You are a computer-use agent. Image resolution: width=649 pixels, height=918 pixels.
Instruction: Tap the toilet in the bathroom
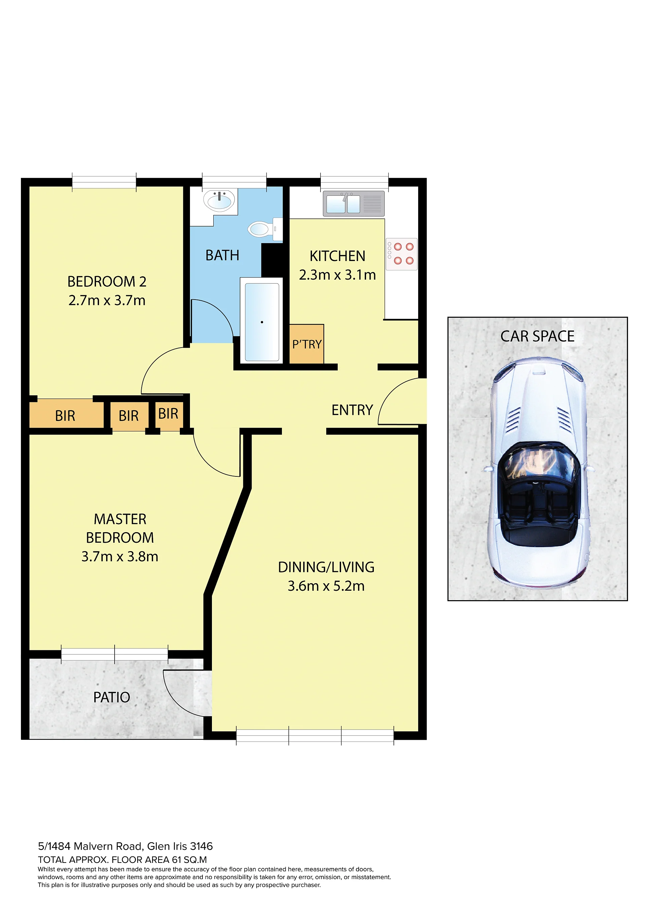pos(265,229)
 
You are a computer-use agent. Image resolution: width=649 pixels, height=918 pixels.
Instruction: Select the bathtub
pos(262,322)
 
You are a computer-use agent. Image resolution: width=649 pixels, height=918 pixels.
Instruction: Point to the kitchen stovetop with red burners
pos(402,254)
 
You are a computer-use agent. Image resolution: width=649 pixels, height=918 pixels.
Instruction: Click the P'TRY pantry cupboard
pos(307,344)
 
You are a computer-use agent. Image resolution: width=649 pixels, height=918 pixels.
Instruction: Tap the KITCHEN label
pos(338,256)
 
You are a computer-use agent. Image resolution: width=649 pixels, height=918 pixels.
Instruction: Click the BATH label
pos(222,255)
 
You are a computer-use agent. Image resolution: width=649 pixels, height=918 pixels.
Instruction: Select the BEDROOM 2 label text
pos(107,281)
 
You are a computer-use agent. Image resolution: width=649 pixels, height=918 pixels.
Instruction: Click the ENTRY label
pos(352,410)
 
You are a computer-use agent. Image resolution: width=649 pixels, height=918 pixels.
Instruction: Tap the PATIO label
pos(112,697)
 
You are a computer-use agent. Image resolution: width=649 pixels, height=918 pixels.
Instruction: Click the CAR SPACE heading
pos(537,336)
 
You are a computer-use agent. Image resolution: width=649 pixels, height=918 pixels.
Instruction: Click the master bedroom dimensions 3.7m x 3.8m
pos(120,557)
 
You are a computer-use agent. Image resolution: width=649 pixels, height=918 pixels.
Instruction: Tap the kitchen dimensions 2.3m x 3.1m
pos(337,275)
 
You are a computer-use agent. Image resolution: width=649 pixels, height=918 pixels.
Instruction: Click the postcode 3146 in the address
pos(201,846)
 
